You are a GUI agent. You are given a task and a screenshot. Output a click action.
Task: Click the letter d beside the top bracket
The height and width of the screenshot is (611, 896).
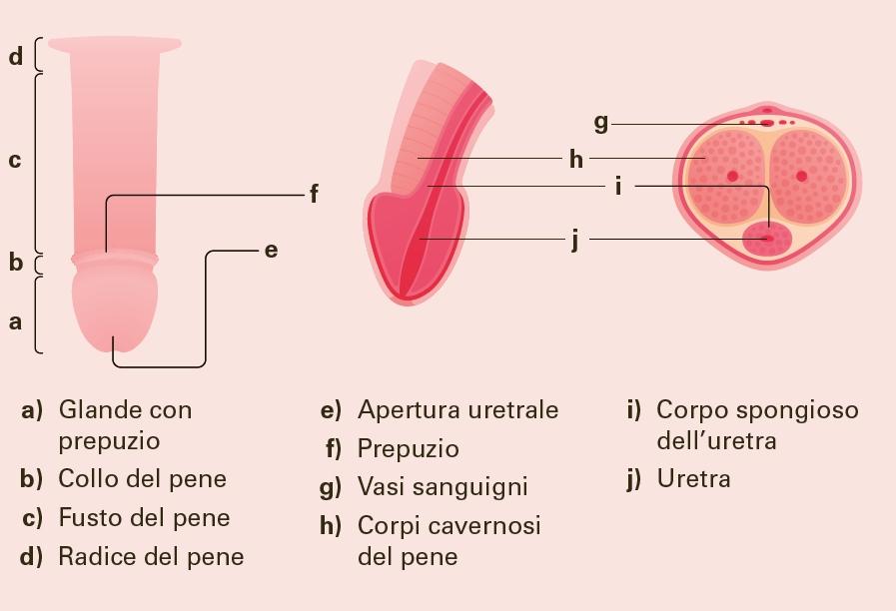[15, 56]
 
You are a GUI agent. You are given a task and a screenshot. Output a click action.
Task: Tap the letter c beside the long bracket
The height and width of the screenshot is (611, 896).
[15, 161]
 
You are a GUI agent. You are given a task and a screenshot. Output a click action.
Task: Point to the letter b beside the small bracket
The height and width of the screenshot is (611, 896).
[15, 263]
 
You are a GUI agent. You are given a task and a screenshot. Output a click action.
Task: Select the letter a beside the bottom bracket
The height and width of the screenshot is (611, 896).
[15, 321]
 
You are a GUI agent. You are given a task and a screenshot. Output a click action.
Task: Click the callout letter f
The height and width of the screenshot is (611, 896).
[314, 194]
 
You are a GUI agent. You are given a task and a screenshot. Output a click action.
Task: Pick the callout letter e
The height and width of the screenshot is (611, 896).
[271, 250]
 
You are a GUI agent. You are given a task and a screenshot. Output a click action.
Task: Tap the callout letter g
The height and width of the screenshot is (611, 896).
[600, 123]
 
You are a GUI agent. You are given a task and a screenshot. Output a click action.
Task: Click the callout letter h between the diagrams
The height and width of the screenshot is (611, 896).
[575, 159]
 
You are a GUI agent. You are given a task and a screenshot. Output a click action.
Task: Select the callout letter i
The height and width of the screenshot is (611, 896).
[619, 186]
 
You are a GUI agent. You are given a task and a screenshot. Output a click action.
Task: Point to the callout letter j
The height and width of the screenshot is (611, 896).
[575, 240]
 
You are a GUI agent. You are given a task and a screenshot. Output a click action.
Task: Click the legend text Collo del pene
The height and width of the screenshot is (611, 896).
[142, 478]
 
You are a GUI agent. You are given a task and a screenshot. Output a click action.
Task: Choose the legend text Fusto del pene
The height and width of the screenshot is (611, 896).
[144, 517]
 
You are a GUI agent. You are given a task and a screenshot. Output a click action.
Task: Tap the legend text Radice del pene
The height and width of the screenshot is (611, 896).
[151, 556]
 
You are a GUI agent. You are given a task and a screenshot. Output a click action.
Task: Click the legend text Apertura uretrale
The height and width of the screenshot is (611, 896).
[457, 409]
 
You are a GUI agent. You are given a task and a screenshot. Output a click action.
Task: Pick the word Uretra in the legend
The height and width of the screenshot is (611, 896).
[693, 478]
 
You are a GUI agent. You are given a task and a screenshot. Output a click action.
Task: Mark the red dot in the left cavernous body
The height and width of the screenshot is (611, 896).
[732, 176]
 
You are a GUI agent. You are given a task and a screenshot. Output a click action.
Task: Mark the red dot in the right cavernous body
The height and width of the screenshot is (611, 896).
[801, 176]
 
